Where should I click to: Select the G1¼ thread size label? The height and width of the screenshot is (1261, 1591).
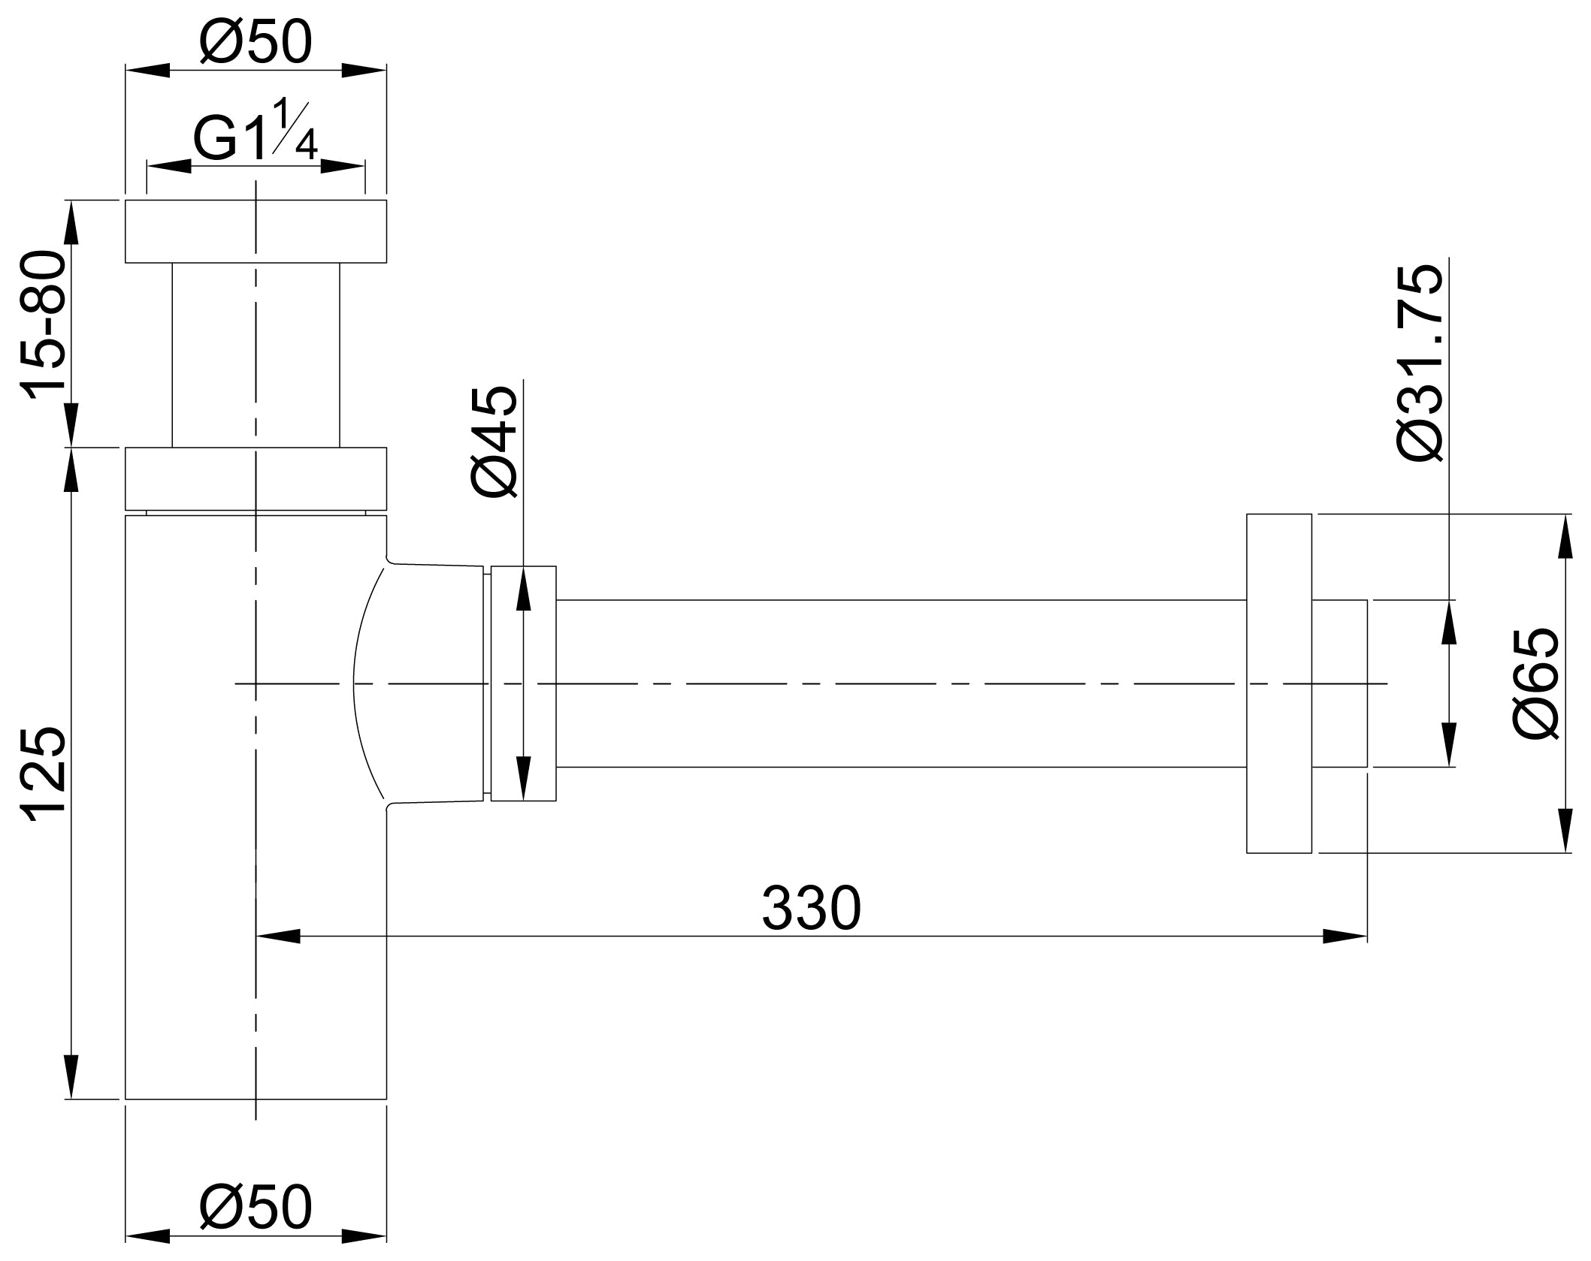coord(255,135)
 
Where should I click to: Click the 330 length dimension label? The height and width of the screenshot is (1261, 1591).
coord(811,910)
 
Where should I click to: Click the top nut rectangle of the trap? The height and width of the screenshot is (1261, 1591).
coord(255,231)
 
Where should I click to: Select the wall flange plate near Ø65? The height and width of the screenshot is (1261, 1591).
coord(1278,683)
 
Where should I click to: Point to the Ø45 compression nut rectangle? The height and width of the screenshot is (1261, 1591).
coord(524,683)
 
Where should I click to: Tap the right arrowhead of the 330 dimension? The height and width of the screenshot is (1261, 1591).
coord(1345,936)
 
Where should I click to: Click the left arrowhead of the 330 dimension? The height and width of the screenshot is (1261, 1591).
coord(278,936)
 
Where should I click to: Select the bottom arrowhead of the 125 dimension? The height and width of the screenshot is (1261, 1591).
coord(71,1077)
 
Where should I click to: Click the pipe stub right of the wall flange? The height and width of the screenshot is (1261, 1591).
coord(1339,683)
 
